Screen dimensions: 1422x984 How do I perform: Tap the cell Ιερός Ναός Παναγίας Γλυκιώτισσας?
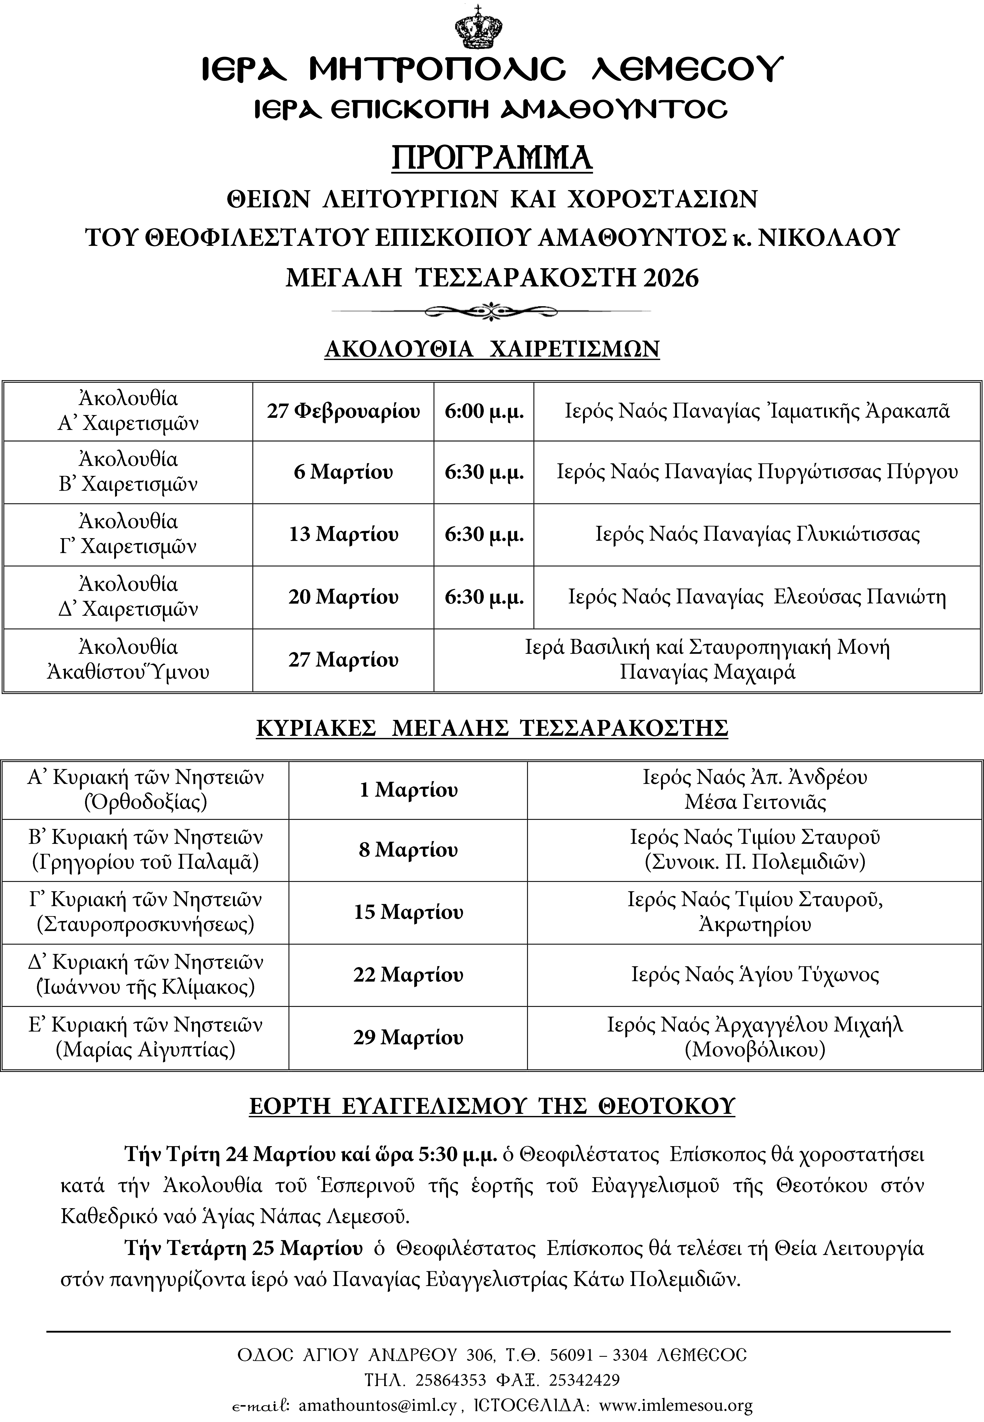(x=757, y=534)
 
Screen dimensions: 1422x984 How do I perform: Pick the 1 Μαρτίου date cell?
(x=408, y=790)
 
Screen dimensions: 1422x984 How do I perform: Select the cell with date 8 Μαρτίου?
(x=408, y=851)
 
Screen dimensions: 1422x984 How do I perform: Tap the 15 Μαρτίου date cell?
(x=408, y=913)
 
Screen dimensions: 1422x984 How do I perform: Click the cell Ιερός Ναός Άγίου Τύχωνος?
(x=755, y=975)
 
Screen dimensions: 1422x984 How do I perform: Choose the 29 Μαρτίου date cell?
(x=408, y=1038)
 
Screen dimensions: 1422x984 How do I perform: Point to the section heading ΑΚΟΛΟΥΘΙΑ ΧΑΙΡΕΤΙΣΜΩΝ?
(x=492, y=349)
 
